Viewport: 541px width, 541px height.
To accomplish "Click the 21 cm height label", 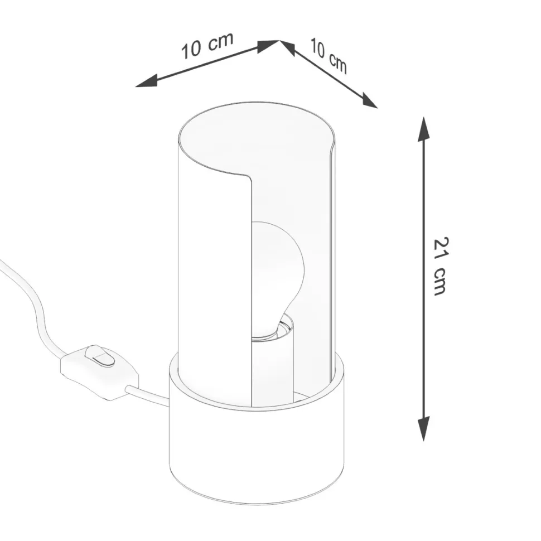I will pos(441,266).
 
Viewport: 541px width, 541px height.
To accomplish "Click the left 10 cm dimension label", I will pos(206,46).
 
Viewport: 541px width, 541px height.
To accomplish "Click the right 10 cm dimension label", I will pos(329,56).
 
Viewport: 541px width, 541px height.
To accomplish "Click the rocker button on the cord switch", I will pos(100,356).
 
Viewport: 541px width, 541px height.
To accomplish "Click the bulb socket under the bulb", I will pos(273,357).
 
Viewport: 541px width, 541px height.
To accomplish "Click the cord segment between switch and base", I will pos(148,394).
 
